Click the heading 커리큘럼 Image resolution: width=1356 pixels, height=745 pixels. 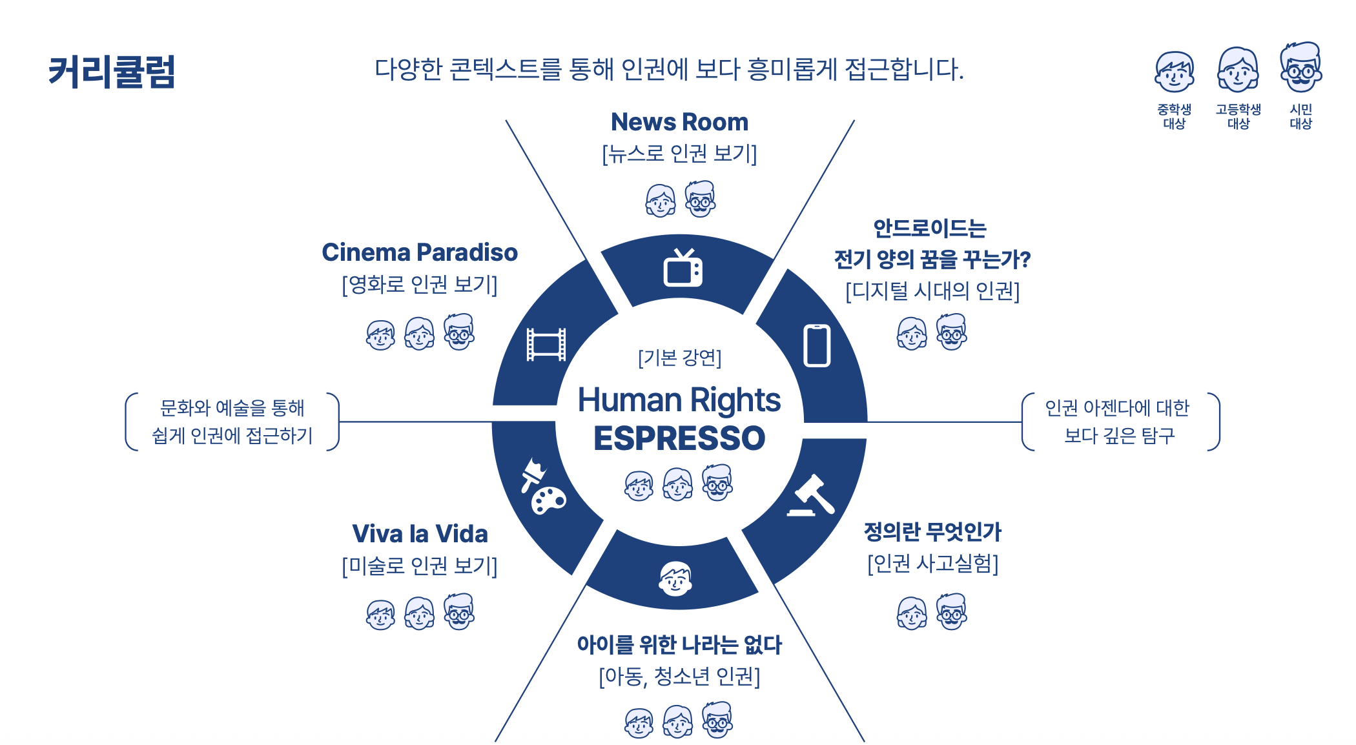point(112,72)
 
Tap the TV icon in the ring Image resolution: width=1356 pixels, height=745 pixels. point(683,268)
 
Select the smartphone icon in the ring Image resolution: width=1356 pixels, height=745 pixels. point(817,345)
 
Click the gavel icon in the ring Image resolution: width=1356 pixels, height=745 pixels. point(811,496)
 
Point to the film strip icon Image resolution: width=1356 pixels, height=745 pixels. point(546,345)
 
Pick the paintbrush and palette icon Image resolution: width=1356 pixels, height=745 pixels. point(543,487)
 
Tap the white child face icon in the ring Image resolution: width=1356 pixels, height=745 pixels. point(676,578)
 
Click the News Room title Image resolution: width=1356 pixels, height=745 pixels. point(679,122)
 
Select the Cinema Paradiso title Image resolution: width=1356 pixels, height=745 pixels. point(420,252)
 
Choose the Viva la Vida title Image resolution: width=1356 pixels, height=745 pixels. point(420,534)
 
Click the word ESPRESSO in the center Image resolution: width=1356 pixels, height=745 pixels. point(679,438)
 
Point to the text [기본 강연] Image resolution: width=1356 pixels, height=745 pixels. point(679,358)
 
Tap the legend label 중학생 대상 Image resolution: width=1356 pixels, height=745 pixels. point(1174,116)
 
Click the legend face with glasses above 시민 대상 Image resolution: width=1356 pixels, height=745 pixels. point(1301,68)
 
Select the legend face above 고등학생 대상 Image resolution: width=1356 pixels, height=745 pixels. point(1238,70)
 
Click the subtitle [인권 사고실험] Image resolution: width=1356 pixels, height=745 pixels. point(932,564)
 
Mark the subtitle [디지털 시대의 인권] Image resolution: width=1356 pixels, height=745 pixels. point(932,291)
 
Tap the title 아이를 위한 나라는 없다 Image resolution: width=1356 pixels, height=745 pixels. point(679,644)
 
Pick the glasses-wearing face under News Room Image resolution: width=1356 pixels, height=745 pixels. point(700,199)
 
